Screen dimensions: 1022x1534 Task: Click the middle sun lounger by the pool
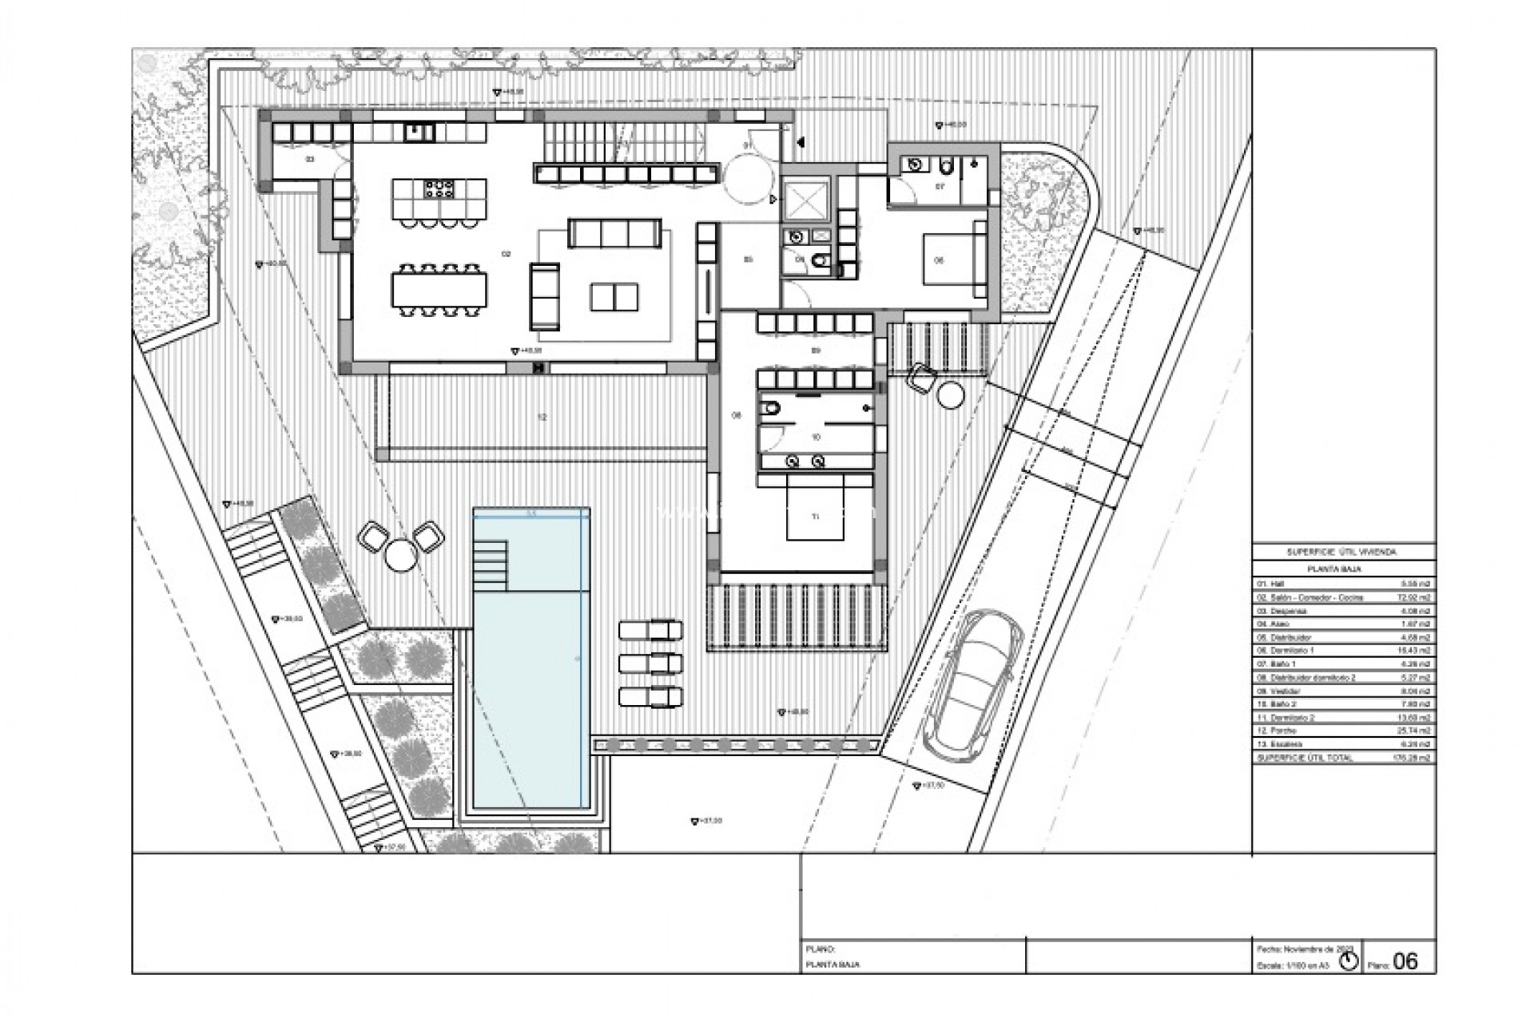coord(651,664)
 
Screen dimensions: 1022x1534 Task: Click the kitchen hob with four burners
coord(439,189)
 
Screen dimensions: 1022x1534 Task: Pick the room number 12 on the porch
coord(542,418)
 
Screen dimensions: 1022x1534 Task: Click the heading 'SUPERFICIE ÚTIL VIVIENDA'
coord(1342,552)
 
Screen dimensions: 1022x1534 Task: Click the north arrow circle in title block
coord(1349,961)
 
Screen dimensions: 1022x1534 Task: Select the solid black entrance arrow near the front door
coord(800,142)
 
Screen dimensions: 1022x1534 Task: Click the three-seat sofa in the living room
coord(614,233)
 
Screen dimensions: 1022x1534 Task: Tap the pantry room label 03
coord(310,160)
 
